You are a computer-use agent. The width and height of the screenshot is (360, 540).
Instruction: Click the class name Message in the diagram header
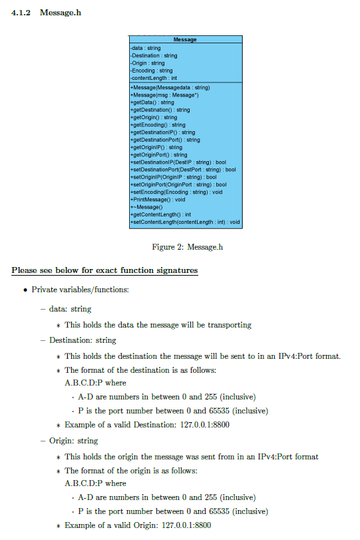click(x=185, y=40)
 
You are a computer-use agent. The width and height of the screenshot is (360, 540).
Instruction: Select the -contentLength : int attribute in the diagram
click(x=153, y=78)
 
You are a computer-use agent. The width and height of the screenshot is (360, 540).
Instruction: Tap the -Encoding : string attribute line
click(x=151, y=71)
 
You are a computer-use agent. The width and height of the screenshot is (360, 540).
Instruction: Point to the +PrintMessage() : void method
click(x=158, y=199)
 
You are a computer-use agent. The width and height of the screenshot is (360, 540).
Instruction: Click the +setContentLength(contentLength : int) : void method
click(x=185, y=222)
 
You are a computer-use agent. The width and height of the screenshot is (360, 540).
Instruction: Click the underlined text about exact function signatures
click(x=104, y=271)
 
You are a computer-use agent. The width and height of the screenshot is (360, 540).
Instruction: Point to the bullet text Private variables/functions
click(x=83, y=290)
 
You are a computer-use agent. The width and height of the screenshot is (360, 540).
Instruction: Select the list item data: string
click(x=70, y=309)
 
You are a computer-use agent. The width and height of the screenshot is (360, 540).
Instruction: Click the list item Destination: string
click(x=83, y=340)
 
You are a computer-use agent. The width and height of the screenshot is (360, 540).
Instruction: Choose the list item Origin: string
click(x=73, y=441)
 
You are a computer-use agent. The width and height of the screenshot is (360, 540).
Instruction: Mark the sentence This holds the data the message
click(x=158, y=325)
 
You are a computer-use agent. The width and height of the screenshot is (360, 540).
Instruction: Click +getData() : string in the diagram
click(x=152, y=103)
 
